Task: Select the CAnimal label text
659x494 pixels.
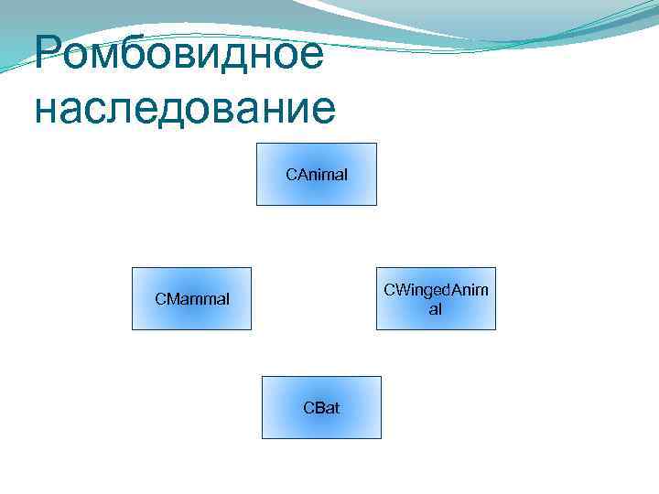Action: tap(316, 174)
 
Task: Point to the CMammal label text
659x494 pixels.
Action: tap(192, 298)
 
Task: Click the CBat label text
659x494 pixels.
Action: tap(321, 408)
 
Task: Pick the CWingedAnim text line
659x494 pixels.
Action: tap(436, 290)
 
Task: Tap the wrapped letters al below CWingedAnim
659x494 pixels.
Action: tap(436, 309)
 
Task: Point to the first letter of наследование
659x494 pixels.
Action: tap(45, 109)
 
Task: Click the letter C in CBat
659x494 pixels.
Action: tap(308, 408)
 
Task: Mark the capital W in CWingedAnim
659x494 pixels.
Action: tap(399, 290)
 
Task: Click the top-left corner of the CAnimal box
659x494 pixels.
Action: tap(256, 144)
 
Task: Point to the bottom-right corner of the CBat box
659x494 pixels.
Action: tap(381, 438)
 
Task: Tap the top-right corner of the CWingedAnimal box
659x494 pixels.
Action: tap(495, 268)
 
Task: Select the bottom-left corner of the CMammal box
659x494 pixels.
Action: tap(133, 328)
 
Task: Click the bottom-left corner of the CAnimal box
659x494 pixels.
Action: tap(256, 205)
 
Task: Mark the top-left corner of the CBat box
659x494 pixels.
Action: tap(263, 377)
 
